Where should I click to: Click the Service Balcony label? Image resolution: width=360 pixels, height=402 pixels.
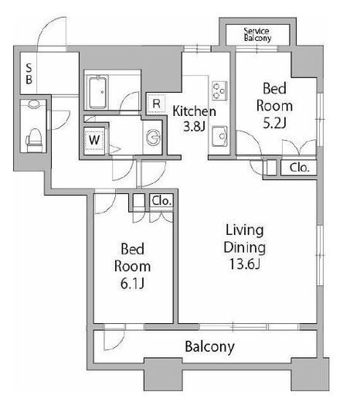257,35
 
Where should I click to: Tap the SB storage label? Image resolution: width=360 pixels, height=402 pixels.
29,74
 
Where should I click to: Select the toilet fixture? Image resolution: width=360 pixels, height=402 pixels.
34,141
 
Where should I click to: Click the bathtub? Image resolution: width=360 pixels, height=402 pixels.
97,92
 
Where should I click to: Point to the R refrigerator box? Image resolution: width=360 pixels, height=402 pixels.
156,104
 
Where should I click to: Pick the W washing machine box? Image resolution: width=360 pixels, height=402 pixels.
94,140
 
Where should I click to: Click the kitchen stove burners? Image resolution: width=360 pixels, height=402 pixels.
219,90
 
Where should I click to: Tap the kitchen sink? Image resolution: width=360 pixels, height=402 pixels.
219,136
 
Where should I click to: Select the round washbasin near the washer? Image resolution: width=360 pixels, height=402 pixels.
153,137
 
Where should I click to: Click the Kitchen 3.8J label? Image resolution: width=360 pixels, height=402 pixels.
194,118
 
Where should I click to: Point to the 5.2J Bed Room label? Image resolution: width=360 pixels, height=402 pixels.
274,105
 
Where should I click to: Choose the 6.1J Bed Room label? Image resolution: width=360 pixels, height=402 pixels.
132,266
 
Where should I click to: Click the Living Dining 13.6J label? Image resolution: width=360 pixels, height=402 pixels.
244,247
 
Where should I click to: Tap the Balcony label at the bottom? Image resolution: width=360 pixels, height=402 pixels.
210,346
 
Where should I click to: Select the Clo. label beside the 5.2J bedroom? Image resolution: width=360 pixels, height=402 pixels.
299,168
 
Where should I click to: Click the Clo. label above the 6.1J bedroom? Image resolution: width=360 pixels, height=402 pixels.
161,201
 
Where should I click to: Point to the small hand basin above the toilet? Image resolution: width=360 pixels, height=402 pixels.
34,104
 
